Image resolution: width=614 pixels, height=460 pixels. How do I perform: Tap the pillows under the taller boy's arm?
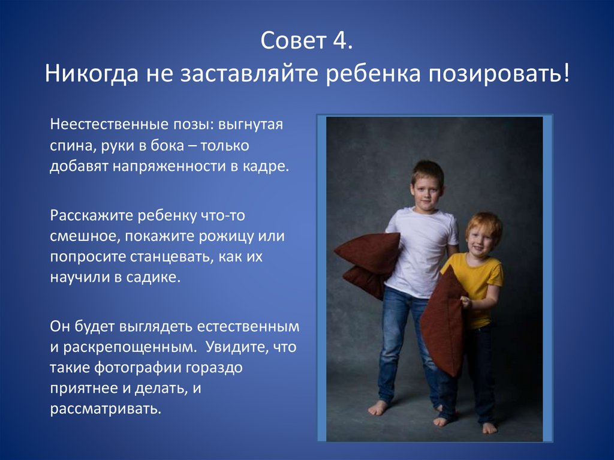(x=368, y=263)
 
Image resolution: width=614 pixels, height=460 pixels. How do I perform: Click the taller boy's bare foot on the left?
(x=378, y=408)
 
